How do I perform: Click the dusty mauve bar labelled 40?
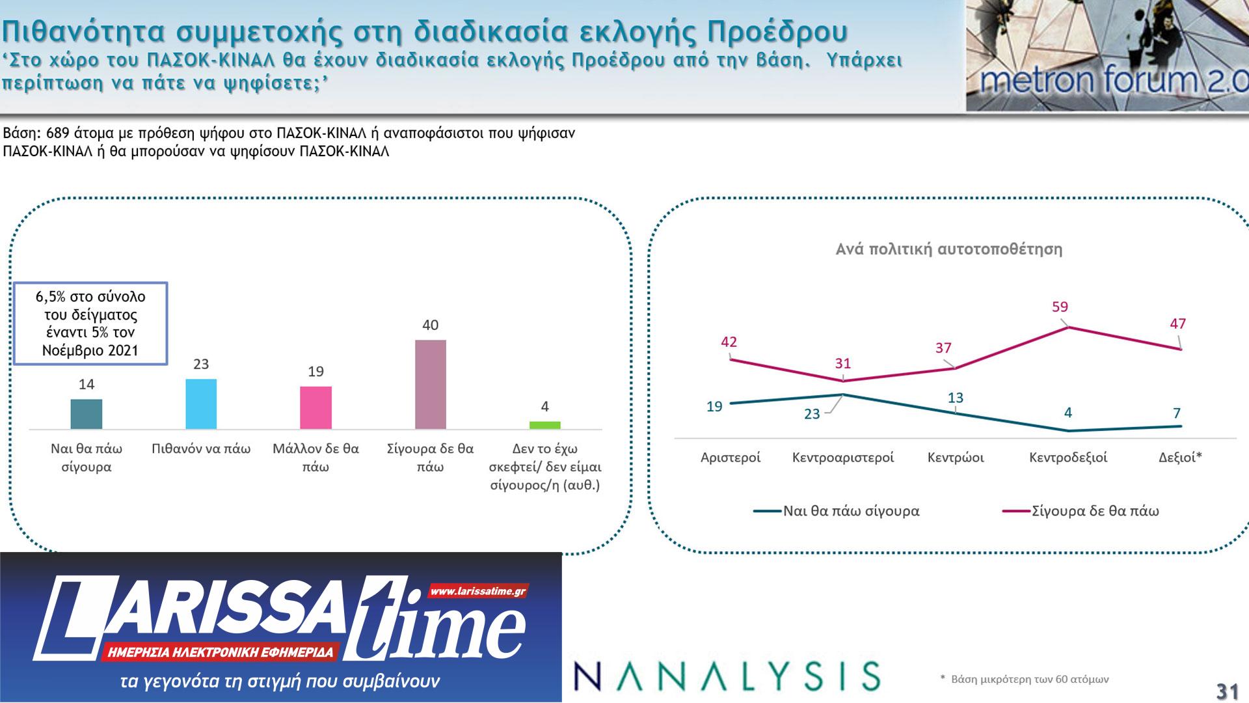[430, 384]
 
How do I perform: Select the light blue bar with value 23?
[201, 404]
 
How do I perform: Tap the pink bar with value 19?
[316, 407]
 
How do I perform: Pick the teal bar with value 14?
[87, 414]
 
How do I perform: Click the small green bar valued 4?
[544, 425]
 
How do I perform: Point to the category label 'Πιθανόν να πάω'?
[201, 449]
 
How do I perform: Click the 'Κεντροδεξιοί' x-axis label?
[1068, 458]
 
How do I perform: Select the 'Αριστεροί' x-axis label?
[731, 458]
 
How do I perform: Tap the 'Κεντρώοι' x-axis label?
[956, 458]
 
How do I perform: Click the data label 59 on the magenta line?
[1060, 307]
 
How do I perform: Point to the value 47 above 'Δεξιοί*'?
[1177, 324]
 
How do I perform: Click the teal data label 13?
[955, 398]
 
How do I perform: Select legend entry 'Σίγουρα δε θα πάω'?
[1095, 511]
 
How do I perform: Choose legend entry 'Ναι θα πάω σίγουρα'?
[851, 511]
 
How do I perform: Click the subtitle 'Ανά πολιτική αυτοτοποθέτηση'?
[948, 249]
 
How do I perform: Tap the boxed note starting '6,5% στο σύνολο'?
[92, 324]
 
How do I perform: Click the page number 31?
[1227, 690]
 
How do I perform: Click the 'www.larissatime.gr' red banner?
[478, 592]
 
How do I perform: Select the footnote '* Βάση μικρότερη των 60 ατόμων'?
[1025, 680]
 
